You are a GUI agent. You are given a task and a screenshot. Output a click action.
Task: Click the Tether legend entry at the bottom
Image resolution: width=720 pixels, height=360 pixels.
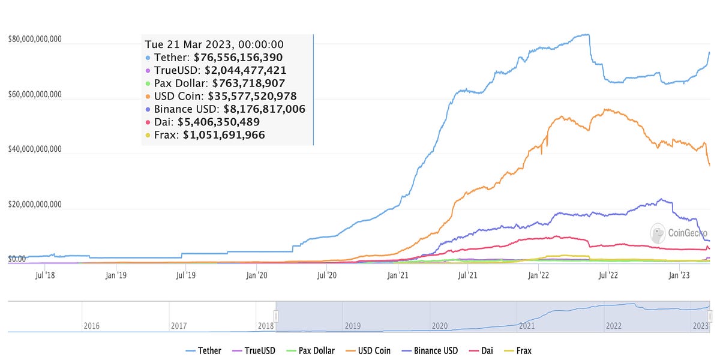204,350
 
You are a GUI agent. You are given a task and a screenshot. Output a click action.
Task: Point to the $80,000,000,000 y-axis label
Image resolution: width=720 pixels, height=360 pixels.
35,40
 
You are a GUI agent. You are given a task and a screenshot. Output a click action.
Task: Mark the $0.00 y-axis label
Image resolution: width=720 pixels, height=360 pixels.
17,259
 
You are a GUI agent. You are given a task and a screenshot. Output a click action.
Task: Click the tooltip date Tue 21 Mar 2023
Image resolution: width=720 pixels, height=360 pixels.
214,44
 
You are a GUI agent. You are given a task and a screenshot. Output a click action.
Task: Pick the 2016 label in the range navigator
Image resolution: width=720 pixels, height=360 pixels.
91,326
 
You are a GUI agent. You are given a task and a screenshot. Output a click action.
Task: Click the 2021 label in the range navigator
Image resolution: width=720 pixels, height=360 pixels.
527,326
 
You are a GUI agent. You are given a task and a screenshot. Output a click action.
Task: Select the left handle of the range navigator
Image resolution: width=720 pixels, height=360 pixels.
276,316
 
